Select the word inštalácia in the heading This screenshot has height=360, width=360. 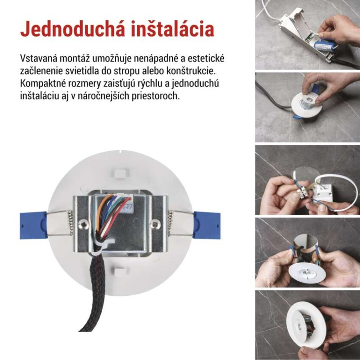pos(171,28)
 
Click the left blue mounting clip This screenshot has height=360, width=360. pos(32,224)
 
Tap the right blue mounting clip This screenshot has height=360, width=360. pos(206,224)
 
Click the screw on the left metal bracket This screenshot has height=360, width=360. pos(84,223)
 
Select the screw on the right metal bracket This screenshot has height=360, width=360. pos(155,223)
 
